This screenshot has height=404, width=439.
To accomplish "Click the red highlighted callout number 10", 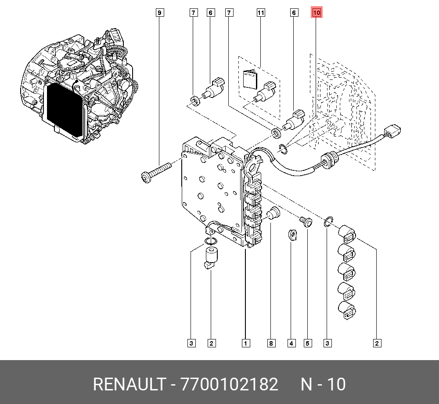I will click(316, 13).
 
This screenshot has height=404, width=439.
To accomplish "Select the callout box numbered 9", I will click(160, 13).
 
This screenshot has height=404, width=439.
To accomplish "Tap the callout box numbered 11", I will click(261, 13).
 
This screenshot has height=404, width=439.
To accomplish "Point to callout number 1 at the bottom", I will click(245, 343).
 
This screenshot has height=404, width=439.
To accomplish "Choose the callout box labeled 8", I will click(271, 343).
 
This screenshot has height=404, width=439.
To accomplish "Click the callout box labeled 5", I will click(307, 343).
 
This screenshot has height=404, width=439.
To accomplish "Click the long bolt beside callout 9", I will click(156, 172).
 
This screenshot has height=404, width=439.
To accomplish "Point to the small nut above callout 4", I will click(291, 235).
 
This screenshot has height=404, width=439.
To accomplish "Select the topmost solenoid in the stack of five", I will click(348, 234).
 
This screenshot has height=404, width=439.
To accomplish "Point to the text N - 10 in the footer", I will click(323, 385).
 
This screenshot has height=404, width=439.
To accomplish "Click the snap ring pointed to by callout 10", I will click(283, 149).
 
